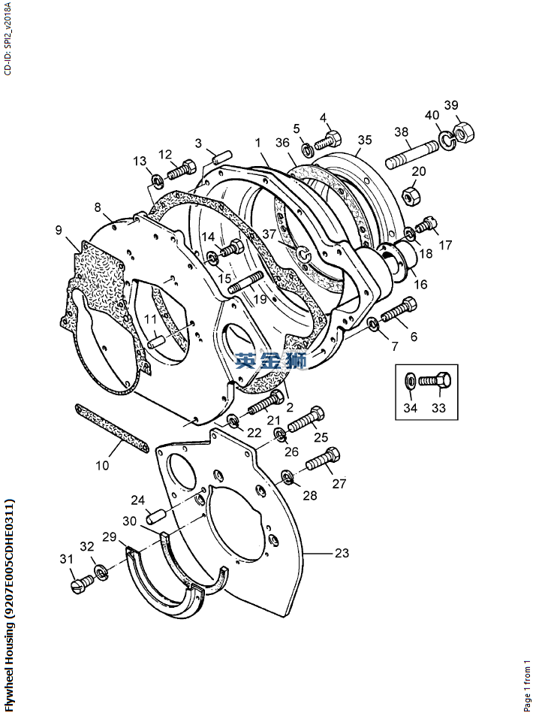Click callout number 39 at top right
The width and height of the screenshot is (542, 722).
450,104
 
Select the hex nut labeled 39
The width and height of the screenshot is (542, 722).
463,133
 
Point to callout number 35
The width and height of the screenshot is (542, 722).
364,140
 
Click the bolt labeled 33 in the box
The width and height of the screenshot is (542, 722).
433,381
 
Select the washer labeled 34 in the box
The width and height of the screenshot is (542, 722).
409,381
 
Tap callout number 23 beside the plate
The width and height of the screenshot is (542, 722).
342,553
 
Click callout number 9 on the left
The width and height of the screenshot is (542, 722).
59,230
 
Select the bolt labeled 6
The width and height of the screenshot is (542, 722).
398,309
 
